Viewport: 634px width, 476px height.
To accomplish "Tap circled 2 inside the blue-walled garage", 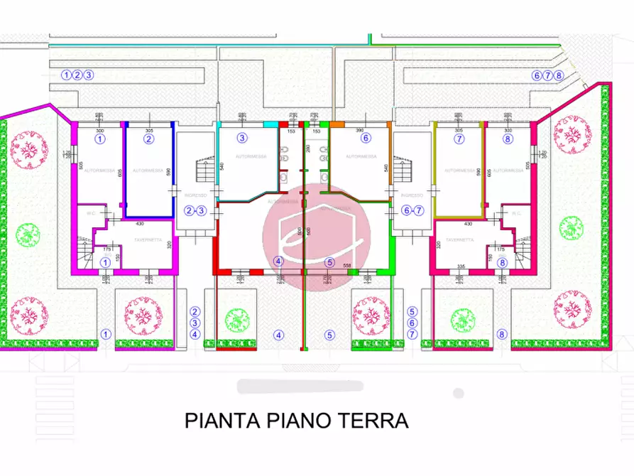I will click(148, 139).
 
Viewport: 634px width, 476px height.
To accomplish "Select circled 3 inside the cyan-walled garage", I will click(242, 138).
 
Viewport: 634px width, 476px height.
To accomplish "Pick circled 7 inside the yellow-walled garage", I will click(459, 139).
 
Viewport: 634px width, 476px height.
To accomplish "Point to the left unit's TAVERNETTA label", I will click(148, 240).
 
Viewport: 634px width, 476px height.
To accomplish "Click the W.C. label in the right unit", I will click(516, 212).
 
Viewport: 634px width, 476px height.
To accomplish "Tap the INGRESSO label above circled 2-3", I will click(195, 195).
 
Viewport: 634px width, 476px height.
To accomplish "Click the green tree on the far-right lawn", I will click(571, 227).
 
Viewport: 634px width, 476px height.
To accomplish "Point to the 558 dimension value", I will click(347, 265).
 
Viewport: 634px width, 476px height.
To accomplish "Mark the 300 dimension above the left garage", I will click(99, 131).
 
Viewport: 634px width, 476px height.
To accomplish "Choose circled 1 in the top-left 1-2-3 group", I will click(67, 75).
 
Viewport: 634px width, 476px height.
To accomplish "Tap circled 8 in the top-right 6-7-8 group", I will click(559, 75).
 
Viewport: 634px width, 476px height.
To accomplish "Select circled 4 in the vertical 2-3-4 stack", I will click(195, 334).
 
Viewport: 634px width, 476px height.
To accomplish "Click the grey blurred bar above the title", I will click(300, 386).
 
